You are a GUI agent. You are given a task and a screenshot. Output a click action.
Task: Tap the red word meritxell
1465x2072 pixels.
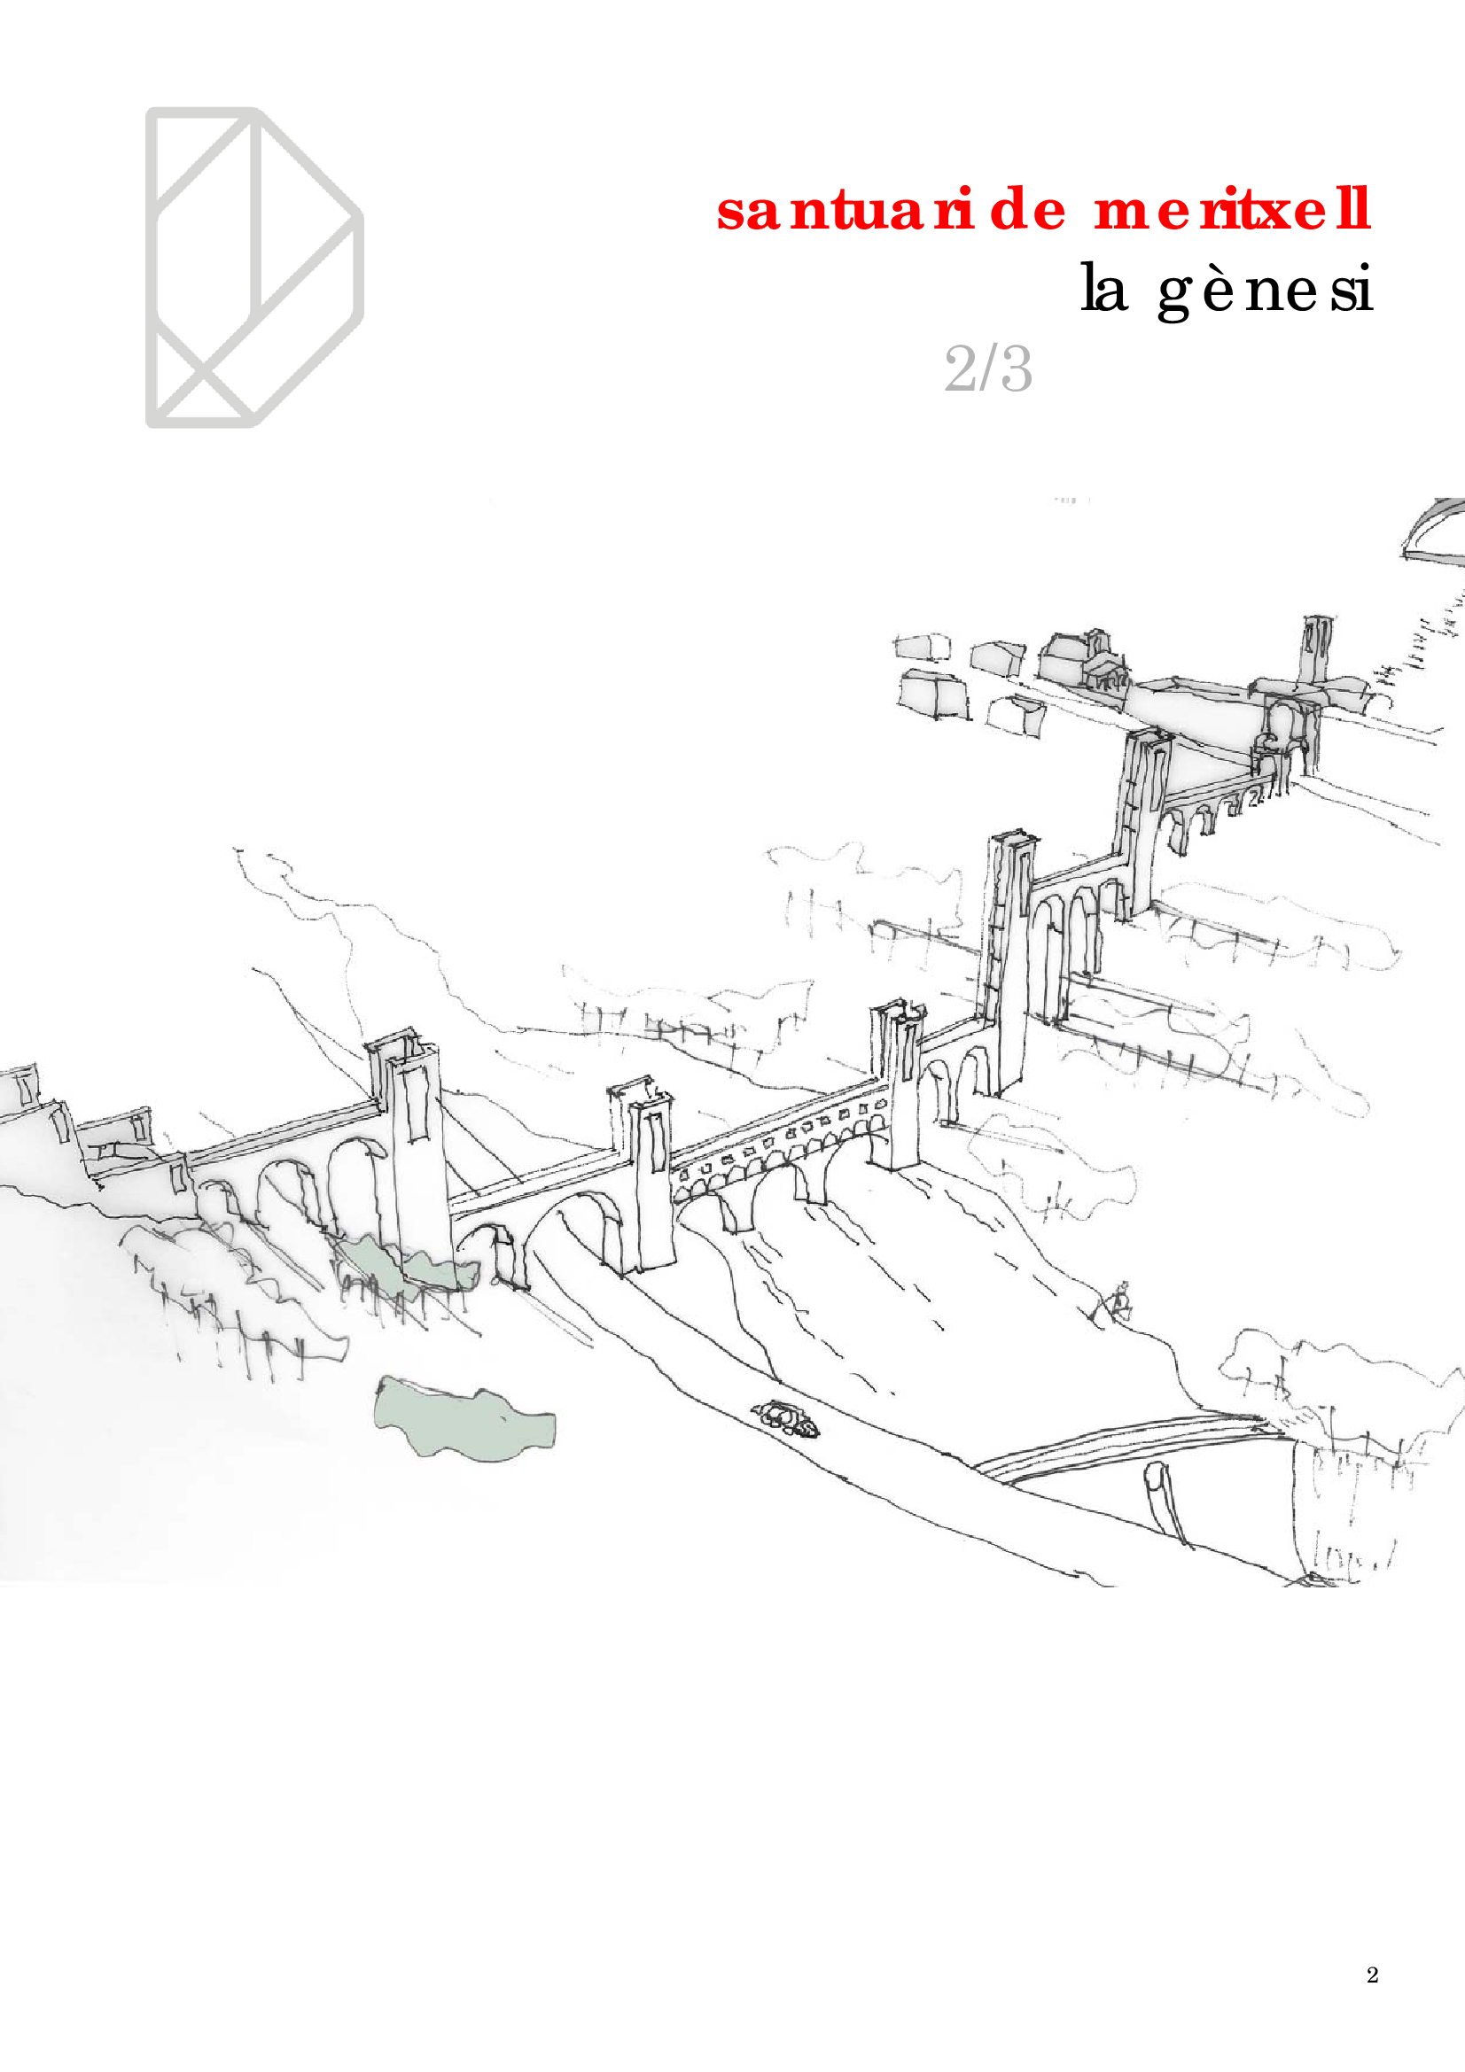(x=1233, y=209)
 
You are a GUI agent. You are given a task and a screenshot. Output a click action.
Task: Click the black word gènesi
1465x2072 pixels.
(x=1266, y=291)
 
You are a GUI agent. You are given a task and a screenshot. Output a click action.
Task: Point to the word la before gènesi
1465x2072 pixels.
(x=1104, y=288)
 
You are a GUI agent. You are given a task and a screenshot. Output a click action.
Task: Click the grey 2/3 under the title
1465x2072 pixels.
(x=988, y=369)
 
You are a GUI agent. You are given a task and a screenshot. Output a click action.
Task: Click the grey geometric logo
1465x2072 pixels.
(x=254, y=268)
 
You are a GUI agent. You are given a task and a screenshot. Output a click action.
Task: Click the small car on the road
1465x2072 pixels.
(x=787, y=1417)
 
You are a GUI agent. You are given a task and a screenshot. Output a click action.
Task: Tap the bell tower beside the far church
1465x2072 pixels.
(x=1318, y=651)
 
